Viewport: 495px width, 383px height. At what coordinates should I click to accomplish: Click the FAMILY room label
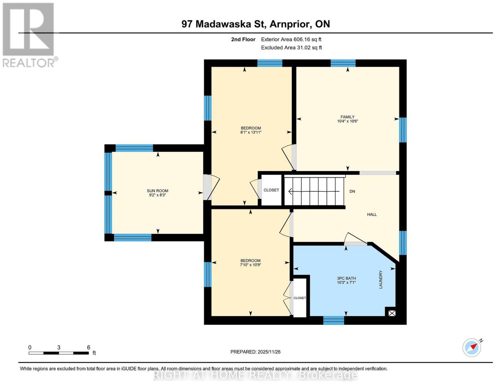tap(347, 117)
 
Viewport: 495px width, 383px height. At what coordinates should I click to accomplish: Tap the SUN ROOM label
tap(157, 191)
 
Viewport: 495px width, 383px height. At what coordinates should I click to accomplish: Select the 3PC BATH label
tap(346, 278)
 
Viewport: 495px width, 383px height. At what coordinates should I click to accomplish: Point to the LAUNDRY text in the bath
tap(381, 279)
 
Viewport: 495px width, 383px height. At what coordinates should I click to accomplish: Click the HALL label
tap(372, 214)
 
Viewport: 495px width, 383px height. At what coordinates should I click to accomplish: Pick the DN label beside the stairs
tap(352, 191)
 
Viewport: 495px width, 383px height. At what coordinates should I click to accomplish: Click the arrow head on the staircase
tap(290, 191)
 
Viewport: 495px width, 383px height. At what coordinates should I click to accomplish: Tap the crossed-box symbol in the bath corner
tap(392, 313)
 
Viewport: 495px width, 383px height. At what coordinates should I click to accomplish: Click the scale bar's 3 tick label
tap(59, 347)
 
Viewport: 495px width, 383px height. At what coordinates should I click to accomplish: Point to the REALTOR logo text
tap(29, 63)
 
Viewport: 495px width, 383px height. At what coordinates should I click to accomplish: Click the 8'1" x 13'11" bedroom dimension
tap(251, 132)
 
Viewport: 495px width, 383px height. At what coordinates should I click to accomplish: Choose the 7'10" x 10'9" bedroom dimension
tap(251, 265)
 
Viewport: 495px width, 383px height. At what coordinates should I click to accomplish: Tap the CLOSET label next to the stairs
tap(271, 190)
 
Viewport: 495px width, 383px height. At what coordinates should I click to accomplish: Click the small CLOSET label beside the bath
tap(299, 298)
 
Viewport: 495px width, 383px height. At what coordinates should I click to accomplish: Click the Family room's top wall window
tap(343, 63)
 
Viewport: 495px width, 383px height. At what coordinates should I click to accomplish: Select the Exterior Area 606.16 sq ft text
tap(291, 39)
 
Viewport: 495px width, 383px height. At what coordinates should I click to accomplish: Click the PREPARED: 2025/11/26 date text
tap(255, 352)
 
